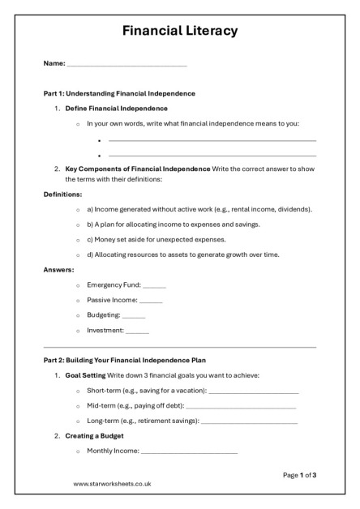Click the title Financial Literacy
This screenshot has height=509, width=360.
(180, 32)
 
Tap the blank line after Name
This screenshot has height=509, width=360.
(127, 64)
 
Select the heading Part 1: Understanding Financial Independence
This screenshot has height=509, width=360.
(119, 93)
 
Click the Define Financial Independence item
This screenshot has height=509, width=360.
(117, 108)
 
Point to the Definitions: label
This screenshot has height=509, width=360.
(62, 195)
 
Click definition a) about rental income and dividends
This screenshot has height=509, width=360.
(199, 209)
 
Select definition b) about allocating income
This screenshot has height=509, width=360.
(173, 225)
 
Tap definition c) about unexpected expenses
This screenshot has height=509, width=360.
(156, 240)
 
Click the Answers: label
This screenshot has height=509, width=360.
(59, 270)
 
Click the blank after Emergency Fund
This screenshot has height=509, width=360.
(154, 285)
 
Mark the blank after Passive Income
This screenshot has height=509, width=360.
(151, 301)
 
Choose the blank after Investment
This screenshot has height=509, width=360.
(138, 331)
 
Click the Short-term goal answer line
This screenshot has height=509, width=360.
(254, 391)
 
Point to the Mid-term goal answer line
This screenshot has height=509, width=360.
(241, 406)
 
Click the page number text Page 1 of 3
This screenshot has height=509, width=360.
(299, 475)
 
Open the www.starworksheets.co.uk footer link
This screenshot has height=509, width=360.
(112, 484)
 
